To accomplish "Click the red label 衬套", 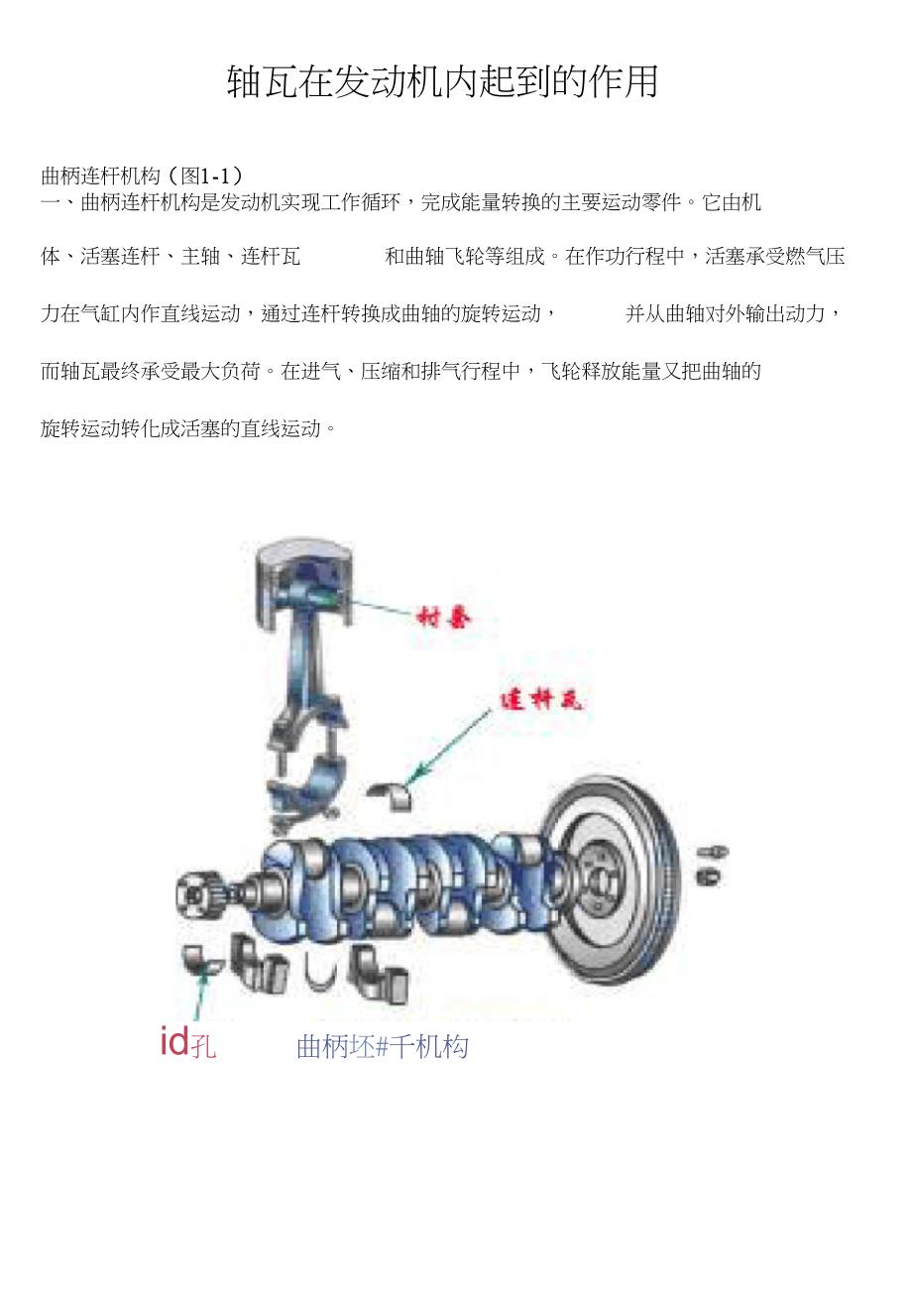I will [445, 618].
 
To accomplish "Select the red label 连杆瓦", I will [540, 700].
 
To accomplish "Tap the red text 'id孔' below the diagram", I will [187, 1043].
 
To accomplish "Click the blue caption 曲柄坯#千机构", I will [382, 1046].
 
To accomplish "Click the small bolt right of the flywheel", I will [712, 852].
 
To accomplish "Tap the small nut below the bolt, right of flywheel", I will [708, 877].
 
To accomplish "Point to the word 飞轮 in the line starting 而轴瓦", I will [562, 372].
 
